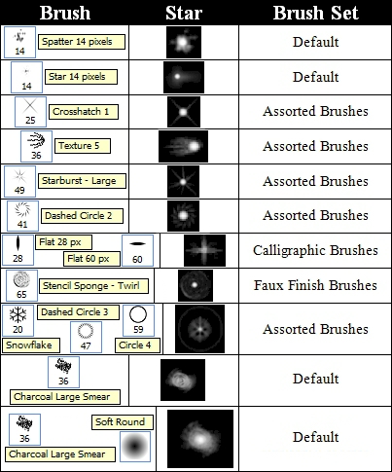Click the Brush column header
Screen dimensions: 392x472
(x=65, y=13)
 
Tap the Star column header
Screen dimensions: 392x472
(x=184, y=13)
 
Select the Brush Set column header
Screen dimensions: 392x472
(x=315, y=13)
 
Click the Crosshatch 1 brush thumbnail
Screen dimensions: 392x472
(x=30, y=112)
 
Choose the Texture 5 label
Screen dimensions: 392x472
(x=83, y=146)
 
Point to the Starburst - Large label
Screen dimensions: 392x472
(x=82, y=181)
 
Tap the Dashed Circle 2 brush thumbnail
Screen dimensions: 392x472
(x=22, y=216)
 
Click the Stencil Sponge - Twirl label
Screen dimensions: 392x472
(x=93, y=286)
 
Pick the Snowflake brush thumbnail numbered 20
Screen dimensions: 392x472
(x=18, y=320)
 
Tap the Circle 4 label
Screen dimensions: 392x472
(x=137, y=345)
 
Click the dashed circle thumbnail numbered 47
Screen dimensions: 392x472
(x=86, y=337)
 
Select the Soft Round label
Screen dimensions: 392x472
(x=123, y=422)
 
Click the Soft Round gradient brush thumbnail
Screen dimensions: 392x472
(x=135, y=447)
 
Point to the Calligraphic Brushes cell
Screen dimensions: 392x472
(x=315, y=250)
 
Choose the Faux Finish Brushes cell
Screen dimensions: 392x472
(x=315, y=285)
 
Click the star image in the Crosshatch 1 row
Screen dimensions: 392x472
(x=184, y=112)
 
